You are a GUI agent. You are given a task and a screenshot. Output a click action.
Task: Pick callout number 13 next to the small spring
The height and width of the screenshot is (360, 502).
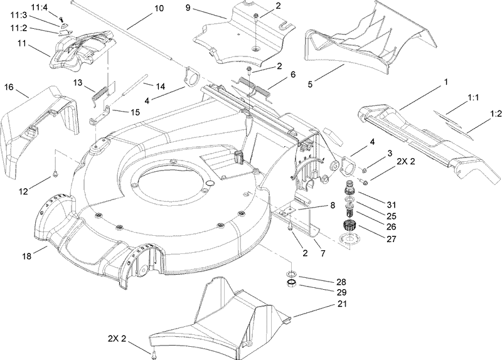click(x=78, y=82)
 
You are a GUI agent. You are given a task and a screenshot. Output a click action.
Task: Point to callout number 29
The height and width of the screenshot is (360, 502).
click(x=324, y=292)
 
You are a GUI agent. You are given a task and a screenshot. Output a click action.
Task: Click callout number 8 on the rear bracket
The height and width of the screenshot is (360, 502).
click(x=333, y=205)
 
